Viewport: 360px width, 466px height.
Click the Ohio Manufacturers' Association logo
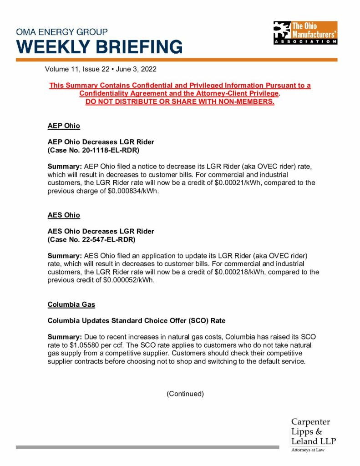[305, 33]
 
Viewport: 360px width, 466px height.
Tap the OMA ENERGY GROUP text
[62, 32]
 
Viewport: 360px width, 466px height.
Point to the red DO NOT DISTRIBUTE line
[180, 101]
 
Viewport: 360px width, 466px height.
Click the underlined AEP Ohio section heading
[64, 126]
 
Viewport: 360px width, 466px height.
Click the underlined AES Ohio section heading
[64, 215]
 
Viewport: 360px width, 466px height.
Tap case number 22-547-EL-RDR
[108, 239]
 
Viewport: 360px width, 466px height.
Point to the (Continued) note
[185, 394]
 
